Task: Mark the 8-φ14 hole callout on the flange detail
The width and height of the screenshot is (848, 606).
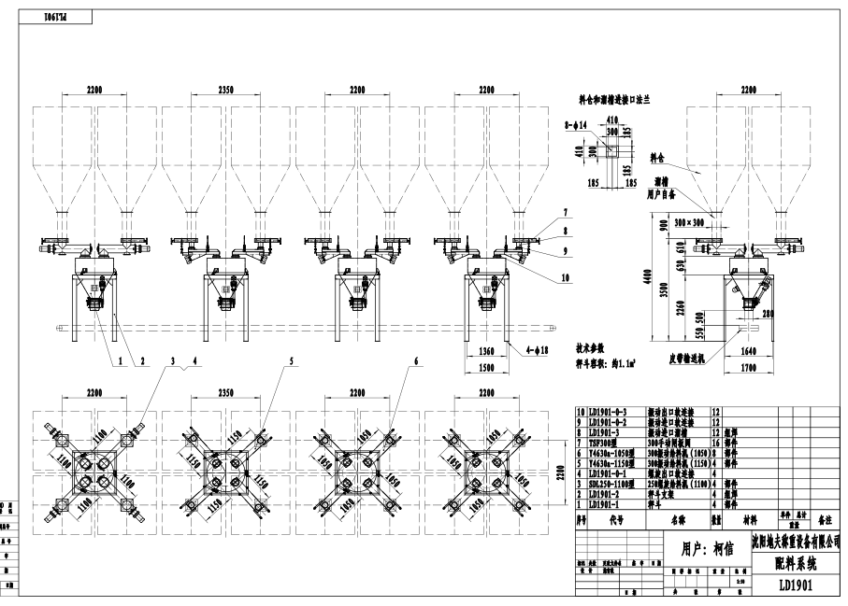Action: click(577, 122)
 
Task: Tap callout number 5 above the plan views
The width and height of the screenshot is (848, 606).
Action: click(291, 359)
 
